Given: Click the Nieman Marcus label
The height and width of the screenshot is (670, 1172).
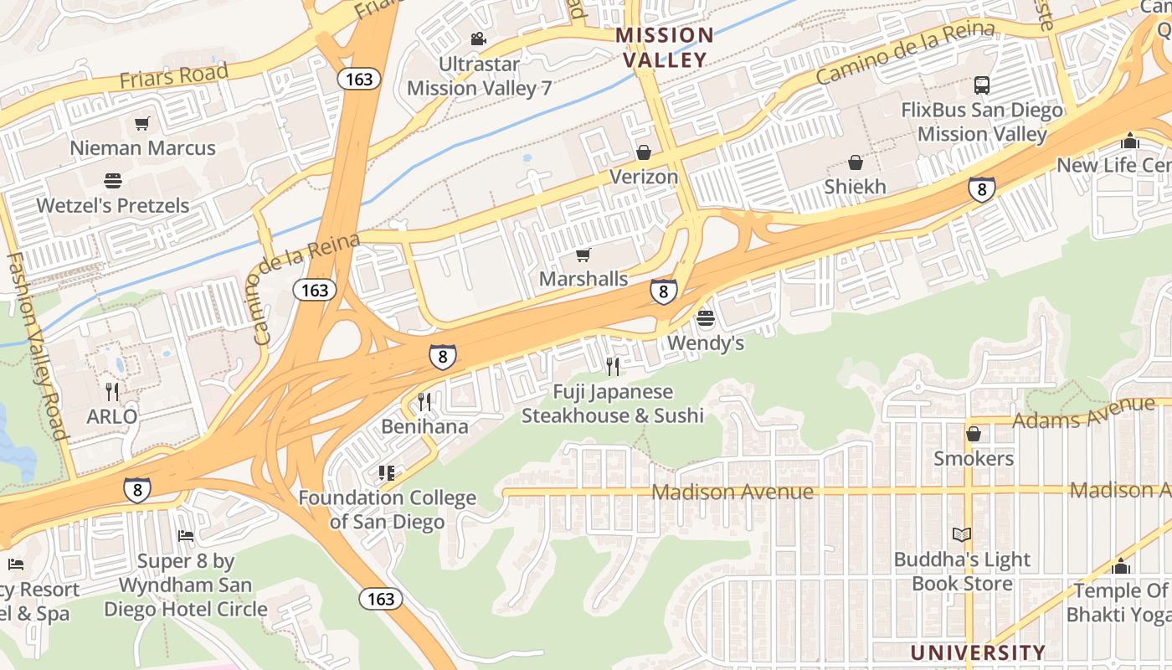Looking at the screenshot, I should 142,148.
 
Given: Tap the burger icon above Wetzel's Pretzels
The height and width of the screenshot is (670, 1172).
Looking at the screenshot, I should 112,181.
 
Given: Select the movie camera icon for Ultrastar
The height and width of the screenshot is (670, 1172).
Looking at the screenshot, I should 478,39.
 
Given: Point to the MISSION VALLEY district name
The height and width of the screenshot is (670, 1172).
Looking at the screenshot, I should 665,48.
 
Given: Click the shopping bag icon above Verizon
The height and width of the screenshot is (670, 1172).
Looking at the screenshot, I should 643,152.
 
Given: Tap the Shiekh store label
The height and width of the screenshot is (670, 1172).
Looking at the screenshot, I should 855,187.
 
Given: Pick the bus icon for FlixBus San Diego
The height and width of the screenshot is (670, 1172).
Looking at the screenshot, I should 981,85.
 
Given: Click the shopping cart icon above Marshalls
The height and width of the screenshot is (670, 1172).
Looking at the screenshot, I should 583,255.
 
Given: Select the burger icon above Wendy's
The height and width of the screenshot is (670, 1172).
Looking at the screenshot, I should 705,318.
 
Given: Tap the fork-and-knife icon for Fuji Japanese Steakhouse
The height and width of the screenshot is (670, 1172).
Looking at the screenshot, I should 612,367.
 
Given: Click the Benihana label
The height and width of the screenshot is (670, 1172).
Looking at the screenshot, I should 424,426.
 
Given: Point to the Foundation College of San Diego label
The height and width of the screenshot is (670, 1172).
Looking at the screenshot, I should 387,510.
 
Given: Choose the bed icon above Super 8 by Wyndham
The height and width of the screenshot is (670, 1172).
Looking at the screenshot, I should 186,536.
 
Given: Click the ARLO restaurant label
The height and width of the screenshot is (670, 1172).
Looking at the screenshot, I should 112,416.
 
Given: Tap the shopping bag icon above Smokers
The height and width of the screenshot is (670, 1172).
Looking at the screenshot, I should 973,434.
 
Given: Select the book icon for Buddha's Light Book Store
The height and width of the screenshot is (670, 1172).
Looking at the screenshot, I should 962,534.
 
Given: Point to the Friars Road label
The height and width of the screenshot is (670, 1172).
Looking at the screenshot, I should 173,76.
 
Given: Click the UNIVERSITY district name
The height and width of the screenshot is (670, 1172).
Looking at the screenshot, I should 977,652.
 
